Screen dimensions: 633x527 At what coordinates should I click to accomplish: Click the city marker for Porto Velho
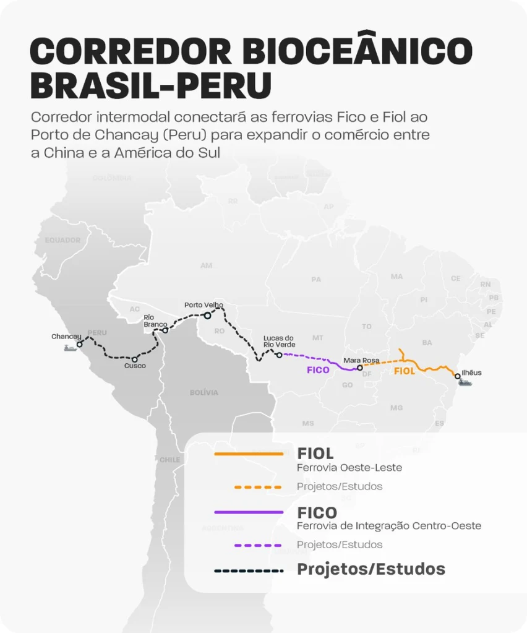coord(208,316)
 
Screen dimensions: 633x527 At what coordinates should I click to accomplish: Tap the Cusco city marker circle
coord(134,359)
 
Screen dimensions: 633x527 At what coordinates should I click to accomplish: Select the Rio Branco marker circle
coord(165,330)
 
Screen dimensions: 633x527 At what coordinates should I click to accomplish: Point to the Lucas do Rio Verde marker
coord(279,355)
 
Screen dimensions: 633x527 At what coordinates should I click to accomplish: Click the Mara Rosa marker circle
coord(360,368)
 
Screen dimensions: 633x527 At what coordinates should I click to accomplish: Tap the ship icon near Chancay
coord(71,348)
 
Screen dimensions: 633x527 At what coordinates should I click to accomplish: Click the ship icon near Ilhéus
coord(465,383)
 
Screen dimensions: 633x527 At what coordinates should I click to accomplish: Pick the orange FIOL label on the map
coord(405,371)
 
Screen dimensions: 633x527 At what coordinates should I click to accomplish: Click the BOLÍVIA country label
coord(204,392)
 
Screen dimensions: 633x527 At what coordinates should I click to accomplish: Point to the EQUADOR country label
coord(63,240)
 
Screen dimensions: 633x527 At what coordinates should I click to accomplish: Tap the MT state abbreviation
coord(318,338)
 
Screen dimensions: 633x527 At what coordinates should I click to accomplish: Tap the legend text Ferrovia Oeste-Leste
coord(349,468)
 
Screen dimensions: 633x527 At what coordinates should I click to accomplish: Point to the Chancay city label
coord(66,337)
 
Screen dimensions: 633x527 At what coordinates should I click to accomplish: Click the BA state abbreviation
coord(427,342)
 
